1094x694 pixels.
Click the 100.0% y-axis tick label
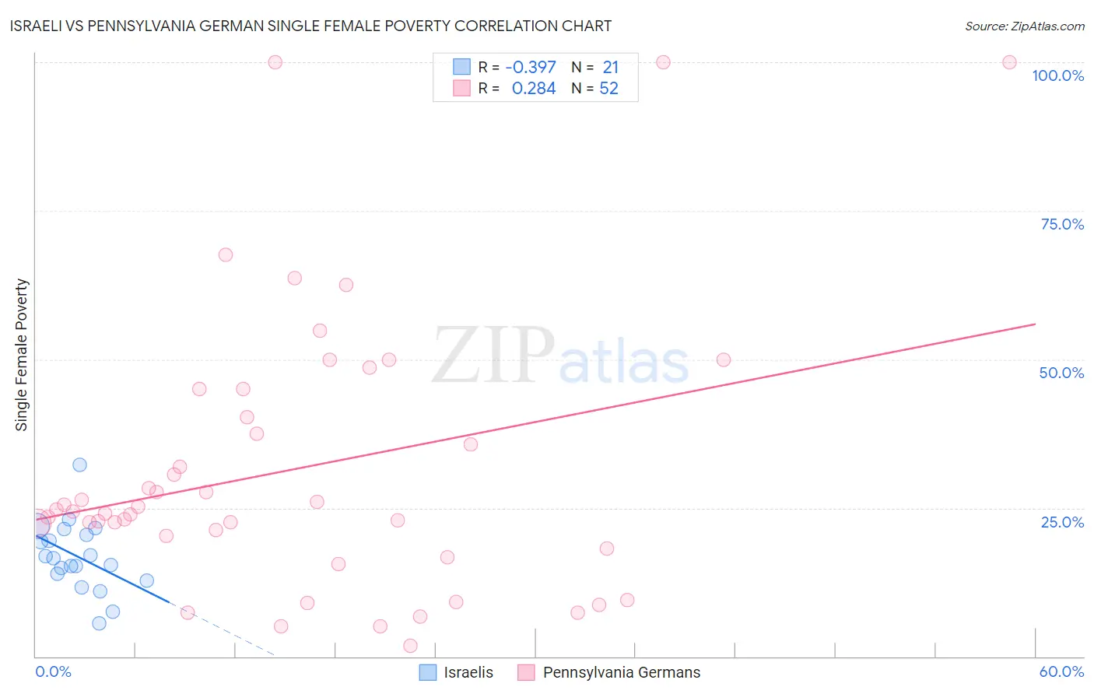[x=1057, y=75]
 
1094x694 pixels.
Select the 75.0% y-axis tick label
[x=1062, y=224]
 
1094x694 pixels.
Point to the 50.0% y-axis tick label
[x=1061, y=373]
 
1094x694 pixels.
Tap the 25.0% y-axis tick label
[x=1062, y=522]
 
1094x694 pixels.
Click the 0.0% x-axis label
[x=53, y=671]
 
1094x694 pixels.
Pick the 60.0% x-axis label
[x=1061, y=671]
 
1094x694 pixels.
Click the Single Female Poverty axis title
[x=22, y=355]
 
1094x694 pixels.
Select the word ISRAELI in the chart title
[x=39, y=26]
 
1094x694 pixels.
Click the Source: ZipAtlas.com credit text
[x=1024, y=26]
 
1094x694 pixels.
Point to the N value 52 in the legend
[x=608, y=89]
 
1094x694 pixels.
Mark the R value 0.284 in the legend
[x=534, y=89]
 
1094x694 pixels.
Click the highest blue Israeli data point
[x=79, y=464]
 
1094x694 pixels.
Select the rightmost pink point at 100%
[x=1009, y=62]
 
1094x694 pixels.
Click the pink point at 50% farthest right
[x=724, y=359]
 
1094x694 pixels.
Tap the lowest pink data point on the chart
[x=410, y=646]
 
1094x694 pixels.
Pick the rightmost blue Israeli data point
[x=146, y=580]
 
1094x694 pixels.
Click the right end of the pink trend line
[x=1035, y=324]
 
